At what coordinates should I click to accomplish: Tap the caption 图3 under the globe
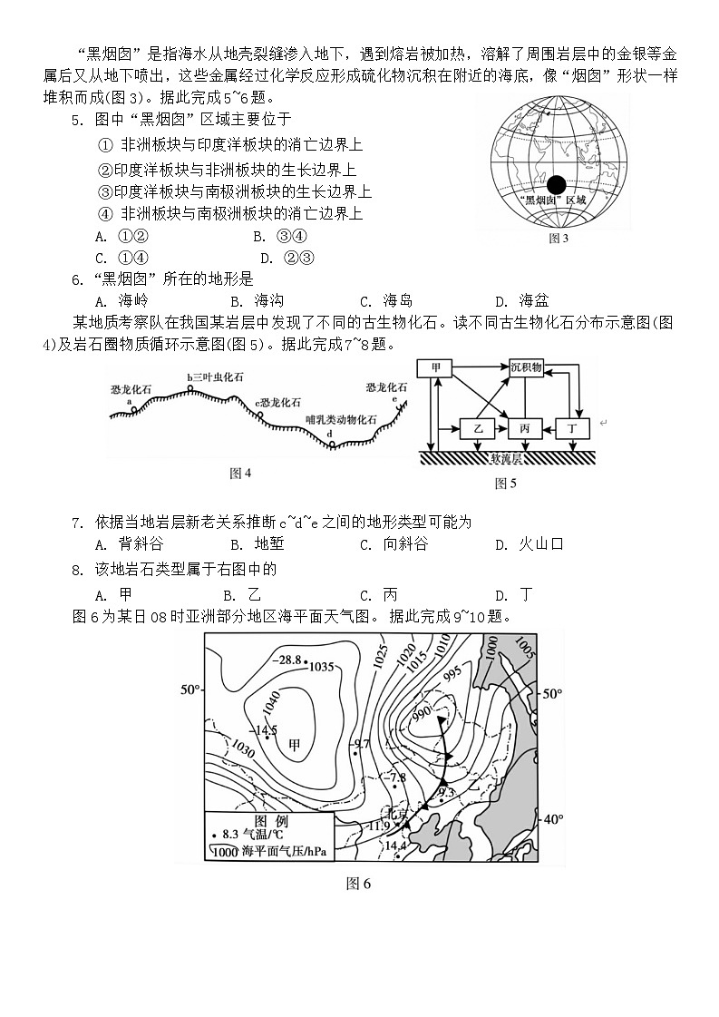click(x=559, y=239)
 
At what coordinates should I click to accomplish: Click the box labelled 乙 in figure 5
click(x=477, y=426)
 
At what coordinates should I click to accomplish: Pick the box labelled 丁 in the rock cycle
click(x=572, y=426)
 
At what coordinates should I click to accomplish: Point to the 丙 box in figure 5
click(x=525, y=426)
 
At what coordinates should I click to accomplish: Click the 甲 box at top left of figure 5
click(x=436, y=367)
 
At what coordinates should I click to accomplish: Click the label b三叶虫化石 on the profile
click(x=216, y=377)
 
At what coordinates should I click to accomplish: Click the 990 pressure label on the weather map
click(x=422, y=713)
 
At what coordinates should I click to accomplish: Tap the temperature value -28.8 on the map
click(x=288, y=659)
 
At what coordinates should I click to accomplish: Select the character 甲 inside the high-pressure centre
click(x=295, y=745)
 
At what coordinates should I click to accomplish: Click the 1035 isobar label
click(x=322, y=667)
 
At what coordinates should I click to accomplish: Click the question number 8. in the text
click(x=78, y=570)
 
